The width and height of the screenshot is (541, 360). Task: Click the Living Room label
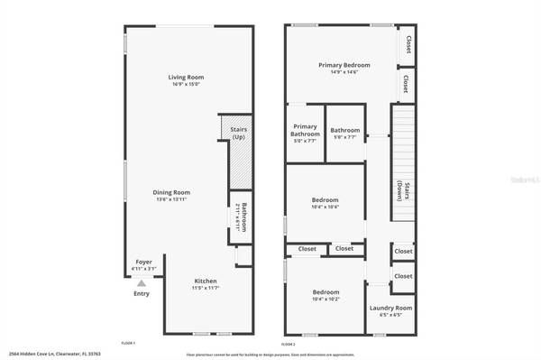tap(183, 78)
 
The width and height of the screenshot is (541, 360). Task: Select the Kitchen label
tap(206, 282)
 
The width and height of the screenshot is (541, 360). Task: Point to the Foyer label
tap(139, 263)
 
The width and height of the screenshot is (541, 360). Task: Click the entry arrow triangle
tap(141, 283)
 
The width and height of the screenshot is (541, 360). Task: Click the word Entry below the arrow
tap(142, 293)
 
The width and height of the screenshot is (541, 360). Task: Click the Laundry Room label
tap(390, 309)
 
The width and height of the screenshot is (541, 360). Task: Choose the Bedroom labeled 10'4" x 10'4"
tap(326, 199)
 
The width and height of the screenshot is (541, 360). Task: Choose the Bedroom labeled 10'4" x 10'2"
tap(326, 292)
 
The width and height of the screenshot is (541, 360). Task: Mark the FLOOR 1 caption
tap(128, 343)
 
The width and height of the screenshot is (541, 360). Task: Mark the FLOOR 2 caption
tap(289, 343)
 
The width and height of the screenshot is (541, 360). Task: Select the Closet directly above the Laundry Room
tap(402, 276)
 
